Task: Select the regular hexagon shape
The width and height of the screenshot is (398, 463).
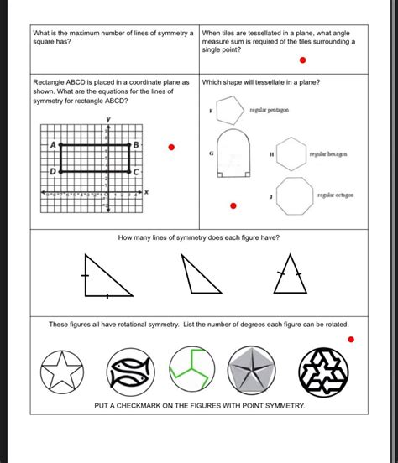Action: point(292,154)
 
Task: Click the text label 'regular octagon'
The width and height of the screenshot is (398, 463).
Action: point(335,195)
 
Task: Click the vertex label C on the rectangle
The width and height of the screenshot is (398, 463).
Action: point(135,171)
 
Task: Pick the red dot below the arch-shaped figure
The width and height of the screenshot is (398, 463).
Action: point(234,205)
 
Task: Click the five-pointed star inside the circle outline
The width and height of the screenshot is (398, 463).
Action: point(63,368)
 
